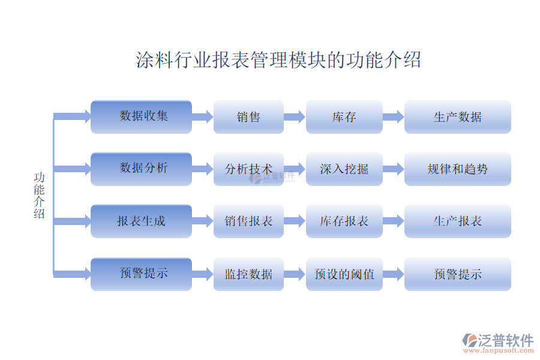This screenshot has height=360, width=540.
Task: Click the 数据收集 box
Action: pyautogui.click(x=141, y=117)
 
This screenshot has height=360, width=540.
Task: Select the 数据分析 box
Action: pyautogui.click(x=141, y=169)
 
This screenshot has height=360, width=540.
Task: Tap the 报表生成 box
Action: pyautogui.click(x=141, y=221)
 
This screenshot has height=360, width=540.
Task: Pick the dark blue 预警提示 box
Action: pyautogui.click(x=141, y=274)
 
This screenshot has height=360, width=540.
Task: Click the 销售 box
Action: pyautogui.click(x=248, y=117)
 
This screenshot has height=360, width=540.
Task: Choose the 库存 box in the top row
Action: pyautogui.click(x=344, y=117)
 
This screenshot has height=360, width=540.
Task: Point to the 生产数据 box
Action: pyautogui.click(x=458, y=117)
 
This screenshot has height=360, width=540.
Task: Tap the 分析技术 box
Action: pyautogui.click(x=248, y=169)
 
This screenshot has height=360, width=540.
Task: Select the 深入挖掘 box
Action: pyautogui.click(x=344, y=169)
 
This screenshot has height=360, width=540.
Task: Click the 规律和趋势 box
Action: pyautogui.click(x=458, y=169)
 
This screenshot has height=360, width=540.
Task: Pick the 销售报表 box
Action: pyautogui.click(x=248, y=221)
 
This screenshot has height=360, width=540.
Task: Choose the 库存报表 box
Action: pyautogui.click(x=344, y=221)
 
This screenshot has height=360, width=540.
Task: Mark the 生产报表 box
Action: pyautogui.click(x=458, y=221)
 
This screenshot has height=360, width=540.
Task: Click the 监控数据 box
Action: pyautogui.click(x=248, y=274)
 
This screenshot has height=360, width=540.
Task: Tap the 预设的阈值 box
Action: pyautogui.click(x=344, y=274)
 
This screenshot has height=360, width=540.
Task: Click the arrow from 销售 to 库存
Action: pyautogui.click(x=295, y=117)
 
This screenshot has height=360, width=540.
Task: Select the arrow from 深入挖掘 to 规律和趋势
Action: pyautogui.click(x=393, y=169)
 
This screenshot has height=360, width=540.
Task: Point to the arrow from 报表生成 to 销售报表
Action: pyautogui.click(x=203, y=221)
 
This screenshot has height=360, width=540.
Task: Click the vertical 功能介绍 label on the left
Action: pyautogui.click(x=39, y=196)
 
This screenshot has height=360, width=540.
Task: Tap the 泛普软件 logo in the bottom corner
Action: pyautogui.click(x=498, y=343)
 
